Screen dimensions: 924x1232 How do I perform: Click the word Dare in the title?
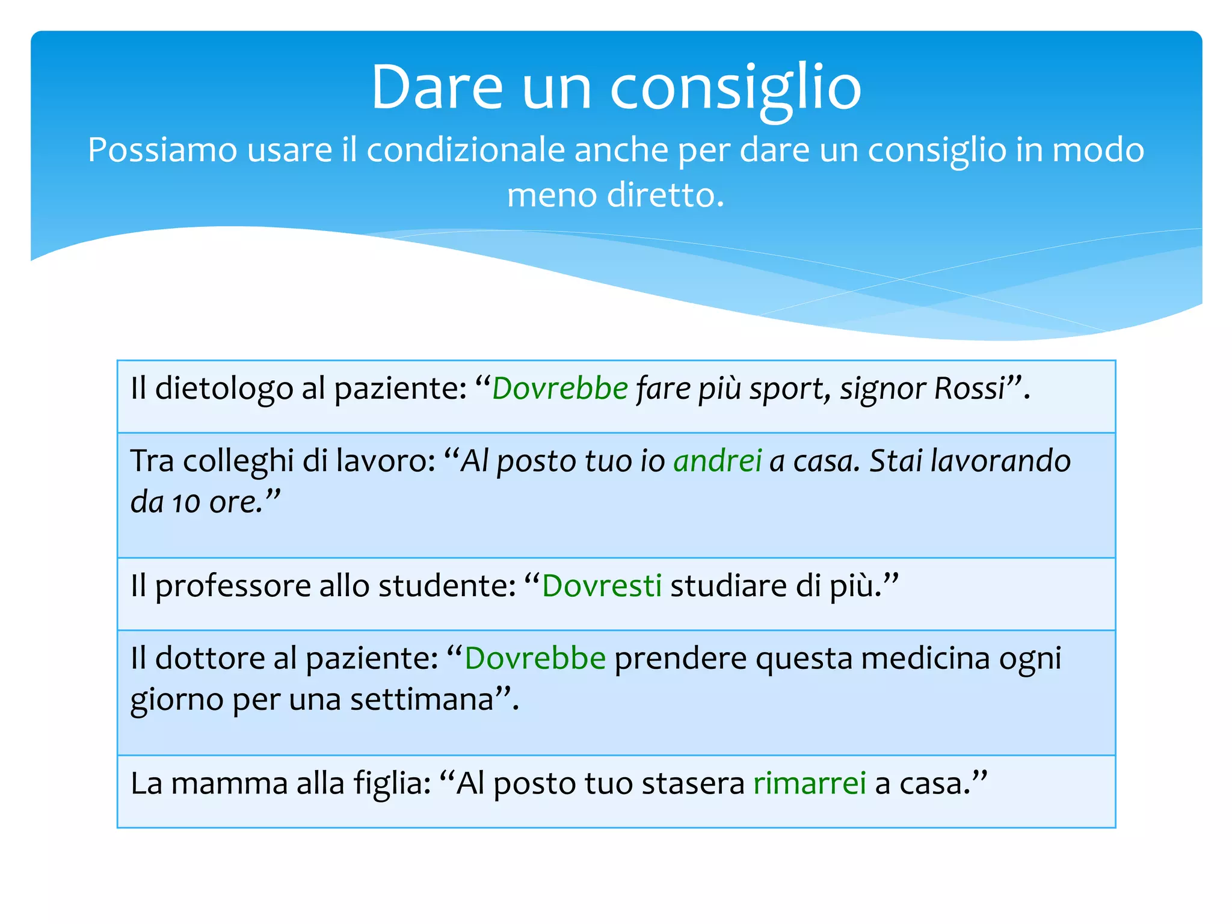[x=437, y=88]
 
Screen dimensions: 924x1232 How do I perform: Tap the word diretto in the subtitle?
[x=665, y=196]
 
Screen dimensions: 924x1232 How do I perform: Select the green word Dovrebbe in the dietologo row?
[x=560, y=388]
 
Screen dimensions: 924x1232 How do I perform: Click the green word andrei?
[x=718, y=461]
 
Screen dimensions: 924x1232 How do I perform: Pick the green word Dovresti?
[x=602, y=585]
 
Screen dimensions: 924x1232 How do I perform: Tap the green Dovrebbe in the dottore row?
[x=535, y=658]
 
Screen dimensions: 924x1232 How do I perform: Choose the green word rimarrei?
[x=810, y=783]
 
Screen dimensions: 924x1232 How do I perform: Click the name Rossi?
[x=970, y=388]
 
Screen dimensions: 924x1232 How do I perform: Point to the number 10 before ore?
[x=186, y=503]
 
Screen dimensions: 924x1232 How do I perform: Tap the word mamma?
[x=229, y=783]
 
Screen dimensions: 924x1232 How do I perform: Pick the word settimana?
[x=422, y=700]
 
